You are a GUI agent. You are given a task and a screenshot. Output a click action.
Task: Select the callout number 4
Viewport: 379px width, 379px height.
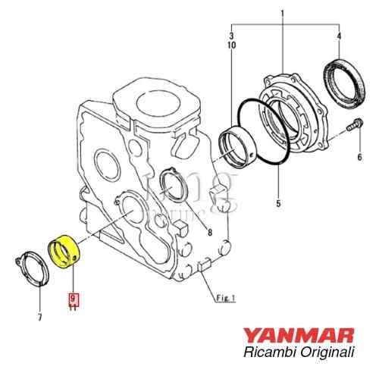[x=339, y=36]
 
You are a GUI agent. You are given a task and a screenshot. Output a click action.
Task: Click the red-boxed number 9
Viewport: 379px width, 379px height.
[x=73, y=299]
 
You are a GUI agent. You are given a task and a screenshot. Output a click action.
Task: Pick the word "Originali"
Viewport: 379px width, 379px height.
[x=330, y=351]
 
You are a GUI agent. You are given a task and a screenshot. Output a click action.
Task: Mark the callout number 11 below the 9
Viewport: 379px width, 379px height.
[x=73, y=309]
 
